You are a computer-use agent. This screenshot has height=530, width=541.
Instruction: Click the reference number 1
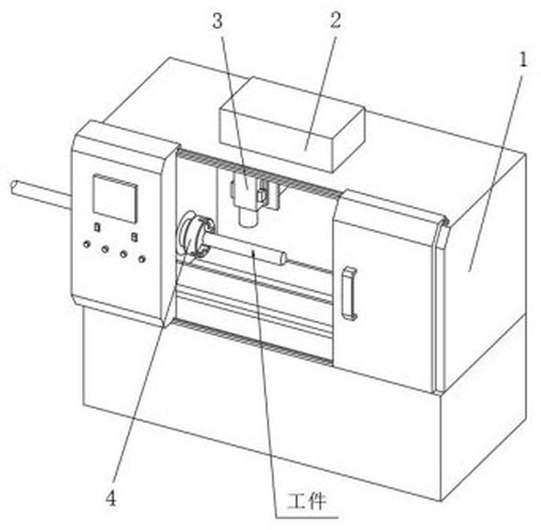pyautogui.click(x=523, y=60)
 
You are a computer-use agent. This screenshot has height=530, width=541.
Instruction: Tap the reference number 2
pyautogui.click(x=335, y=20)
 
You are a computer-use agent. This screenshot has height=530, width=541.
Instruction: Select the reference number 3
pyautogui.click(x=217, y=22)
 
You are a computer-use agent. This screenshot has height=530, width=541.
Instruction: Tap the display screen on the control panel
pyautogui.click(x=115, y=198)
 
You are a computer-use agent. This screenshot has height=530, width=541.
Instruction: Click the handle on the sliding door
pyautogui.click(x=349, y=293)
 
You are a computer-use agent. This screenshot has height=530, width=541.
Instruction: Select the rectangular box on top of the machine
pyautogui.click(x=292, y=124)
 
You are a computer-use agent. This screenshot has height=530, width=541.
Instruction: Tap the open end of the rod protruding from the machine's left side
pyautogui.click(x=14, y=187)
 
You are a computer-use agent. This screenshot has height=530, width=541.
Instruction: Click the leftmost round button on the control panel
pyautogui.click(x=87, y=244)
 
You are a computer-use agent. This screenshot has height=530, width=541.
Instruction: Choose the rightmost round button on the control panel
pyautogui.click(x=142, y=259)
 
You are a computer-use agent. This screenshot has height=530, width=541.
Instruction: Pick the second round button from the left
pyautogui.click(x=105, y=249)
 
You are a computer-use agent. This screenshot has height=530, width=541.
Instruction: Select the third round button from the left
pyautogui.click(x=123, y=254)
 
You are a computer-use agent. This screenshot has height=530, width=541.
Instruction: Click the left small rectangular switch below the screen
pyautogui.click(x=98, y=227)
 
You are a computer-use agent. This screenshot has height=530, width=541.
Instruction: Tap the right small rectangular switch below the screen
pyautogui.click(x=134, y=237)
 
